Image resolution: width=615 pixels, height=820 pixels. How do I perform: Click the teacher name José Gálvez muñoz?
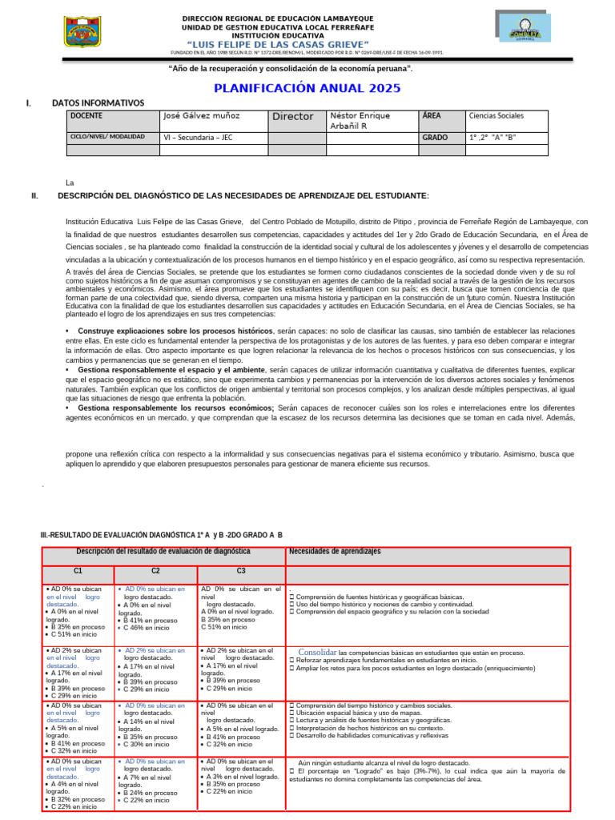coord(201,116)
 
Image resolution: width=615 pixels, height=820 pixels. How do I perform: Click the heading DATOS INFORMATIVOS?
coord(98,103)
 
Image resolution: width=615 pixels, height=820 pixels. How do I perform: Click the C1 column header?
coord(78,571)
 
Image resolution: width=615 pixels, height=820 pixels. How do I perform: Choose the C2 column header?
coord(156,571)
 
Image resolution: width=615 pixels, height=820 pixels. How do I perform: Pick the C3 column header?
coord(241,571)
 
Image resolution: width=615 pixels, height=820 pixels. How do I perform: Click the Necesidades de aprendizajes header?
coord(335,552)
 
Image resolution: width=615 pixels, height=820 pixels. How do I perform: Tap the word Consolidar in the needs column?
coord(317,652)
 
